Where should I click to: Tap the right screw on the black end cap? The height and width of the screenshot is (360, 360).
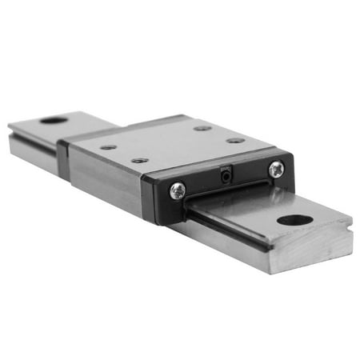point(276,169)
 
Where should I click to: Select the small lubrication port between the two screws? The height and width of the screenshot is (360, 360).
point(226,173)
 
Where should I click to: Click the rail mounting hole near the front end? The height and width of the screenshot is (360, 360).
point(294,220)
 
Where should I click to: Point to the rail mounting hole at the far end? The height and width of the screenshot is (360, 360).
point(54,120)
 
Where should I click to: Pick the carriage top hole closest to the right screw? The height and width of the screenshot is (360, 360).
point(235,140)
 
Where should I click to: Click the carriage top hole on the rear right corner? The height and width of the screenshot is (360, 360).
point(202,128)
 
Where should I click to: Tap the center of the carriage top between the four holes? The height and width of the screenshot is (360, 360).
point(172,144)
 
